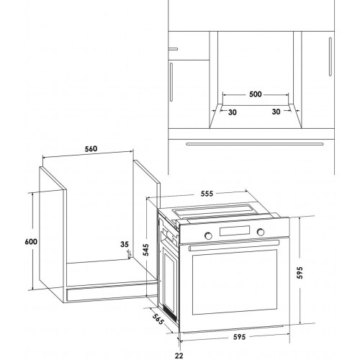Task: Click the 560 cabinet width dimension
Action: click(91, 149)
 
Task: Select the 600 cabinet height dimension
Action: click(31, 241)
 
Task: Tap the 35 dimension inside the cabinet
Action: click(125, 244)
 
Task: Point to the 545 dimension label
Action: click(145, 250)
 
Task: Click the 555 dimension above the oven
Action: click(207, 194)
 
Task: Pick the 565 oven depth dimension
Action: click(158, 319)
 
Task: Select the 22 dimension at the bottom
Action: click(179, 356)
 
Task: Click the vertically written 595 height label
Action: click(300, 273)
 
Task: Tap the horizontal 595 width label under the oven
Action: click(240, 337)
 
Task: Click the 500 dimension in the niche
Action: click(256, 94)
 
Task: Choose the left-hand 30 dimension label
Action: click(232, 112)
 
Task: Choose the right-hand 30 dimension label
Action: click(276, 112)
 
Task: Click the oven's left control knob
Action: click(208, 235)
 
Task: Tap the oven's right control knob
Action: click(261, 232)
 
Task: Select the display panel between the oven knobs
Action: click(234, 230)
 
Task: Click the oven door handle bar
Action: click(234, 246)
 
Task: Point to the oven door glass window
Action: click(235, 282)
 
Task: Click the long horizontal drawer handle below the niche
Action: click(255, 144)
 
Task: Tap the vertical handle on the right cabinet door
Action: click(330, 57)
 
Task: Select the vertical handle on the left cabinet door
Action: click(171, 82)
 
